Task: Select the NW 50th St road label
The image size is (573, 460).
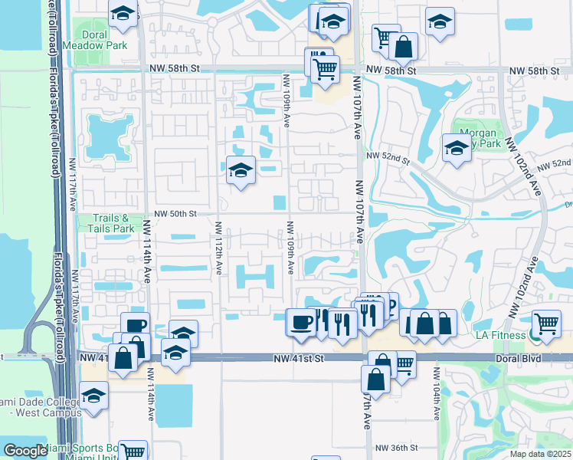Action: tap(176, 214)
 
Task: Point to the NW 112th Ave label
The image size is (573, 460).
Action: tap(218, 249)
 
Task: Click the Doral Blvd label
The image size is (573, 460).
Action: tap(518, 358)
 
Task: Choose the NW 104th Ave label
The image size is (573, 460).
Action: tap(436, 393)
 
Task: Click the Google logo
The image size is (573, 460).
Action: tap(25, 451)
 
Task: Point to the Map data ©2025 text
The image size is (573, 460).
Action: tap(539, 454)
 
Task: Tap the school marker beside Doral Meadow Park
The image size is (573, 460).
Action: tap(122, 15)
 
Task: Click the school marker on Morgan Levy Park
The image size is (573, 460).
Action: tap(456, 148)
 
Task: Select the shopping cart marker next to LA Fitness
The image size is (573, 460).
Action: tap(545, 324)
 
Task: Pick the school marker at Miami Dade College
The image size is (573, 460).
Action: tap(93, 396)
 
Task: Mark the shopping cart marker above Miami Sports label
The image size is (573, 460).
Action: tap(133, 452)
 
